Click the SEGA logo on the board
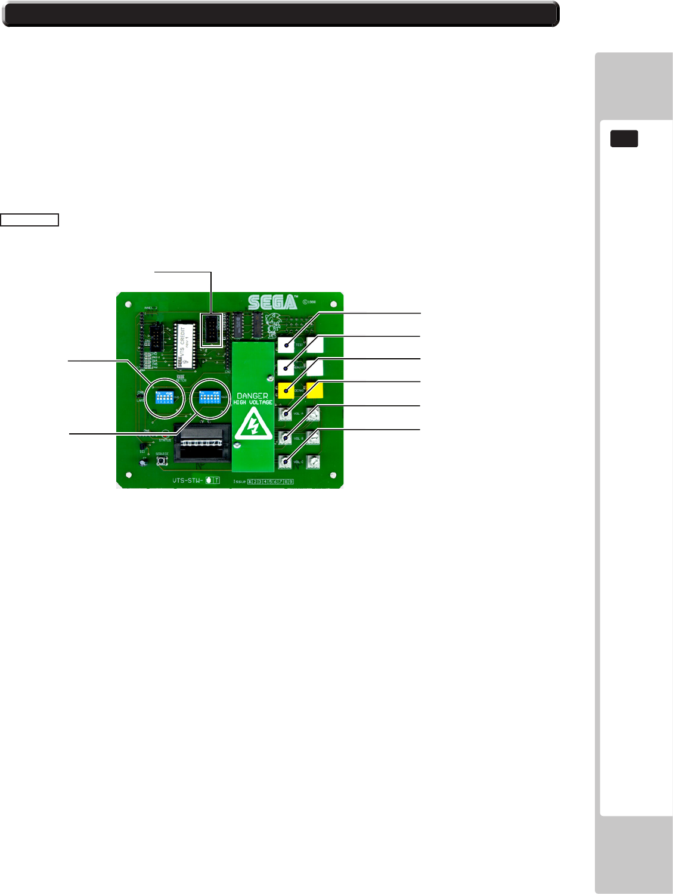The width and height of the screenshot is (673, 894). click(x=272, y=302)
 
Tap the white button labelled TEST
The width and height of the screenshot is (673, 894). click(x=286, y=344)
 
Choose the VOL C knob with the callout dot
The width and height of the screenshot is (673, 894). click(x=286, y=462)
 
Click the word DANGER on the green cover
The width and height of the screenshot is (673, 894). click(x=252, y=396)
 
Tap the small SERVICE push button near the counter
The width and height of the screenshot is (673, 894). click(x=162, y=460)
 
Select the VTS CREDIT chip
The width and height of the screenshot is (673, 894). click(x=185, y=346)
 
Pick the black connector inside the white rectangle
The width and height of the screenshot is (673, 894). click(x=211, y=330)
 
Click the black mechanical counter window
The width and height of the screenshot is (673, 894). click(x=201, y=444)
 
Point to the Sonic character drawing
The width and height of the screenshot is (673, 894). click(x=275, y=325)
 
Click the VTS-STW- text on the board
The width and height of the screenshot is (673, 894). click(x=187, y=480)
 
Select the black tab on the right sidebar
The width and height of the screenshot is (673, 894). click(x=624, y=138)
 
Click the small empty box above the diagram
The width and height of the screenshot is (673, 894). click(x=29, y=220)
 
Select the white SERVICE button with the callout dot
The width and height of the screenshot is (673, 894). click(x=286, y=368)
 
